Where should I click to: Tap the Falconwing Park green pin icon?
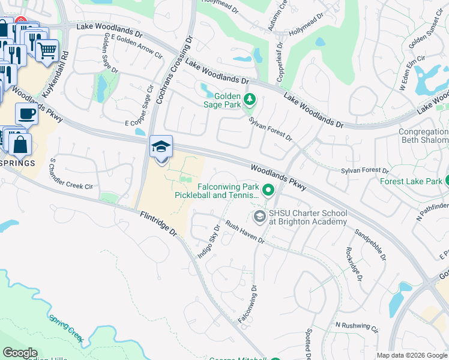pyautogui.click(x=268, y=191)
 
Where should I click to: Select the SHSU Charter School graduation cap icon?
pyautogui.click(x=260, y=216)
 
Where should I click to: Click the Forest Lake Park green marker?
pyautogui.click(x=447, y=181)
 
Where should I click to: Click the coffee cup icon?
pyautogui.click(x=26, y=113)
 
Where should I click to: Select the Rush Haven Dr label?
pyautogui.click(x=245, y=232)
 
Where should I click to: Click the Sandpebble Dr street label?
pyautogui.click(x=370, y=245)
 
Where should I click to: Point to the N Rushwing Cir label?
pyautogui.click(x=357, y=328)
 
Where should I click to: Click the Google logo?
pyautogui.click(x=20, y=353)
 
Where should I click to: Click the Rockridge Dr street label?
pyautogui.click(x=354, y=265)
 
